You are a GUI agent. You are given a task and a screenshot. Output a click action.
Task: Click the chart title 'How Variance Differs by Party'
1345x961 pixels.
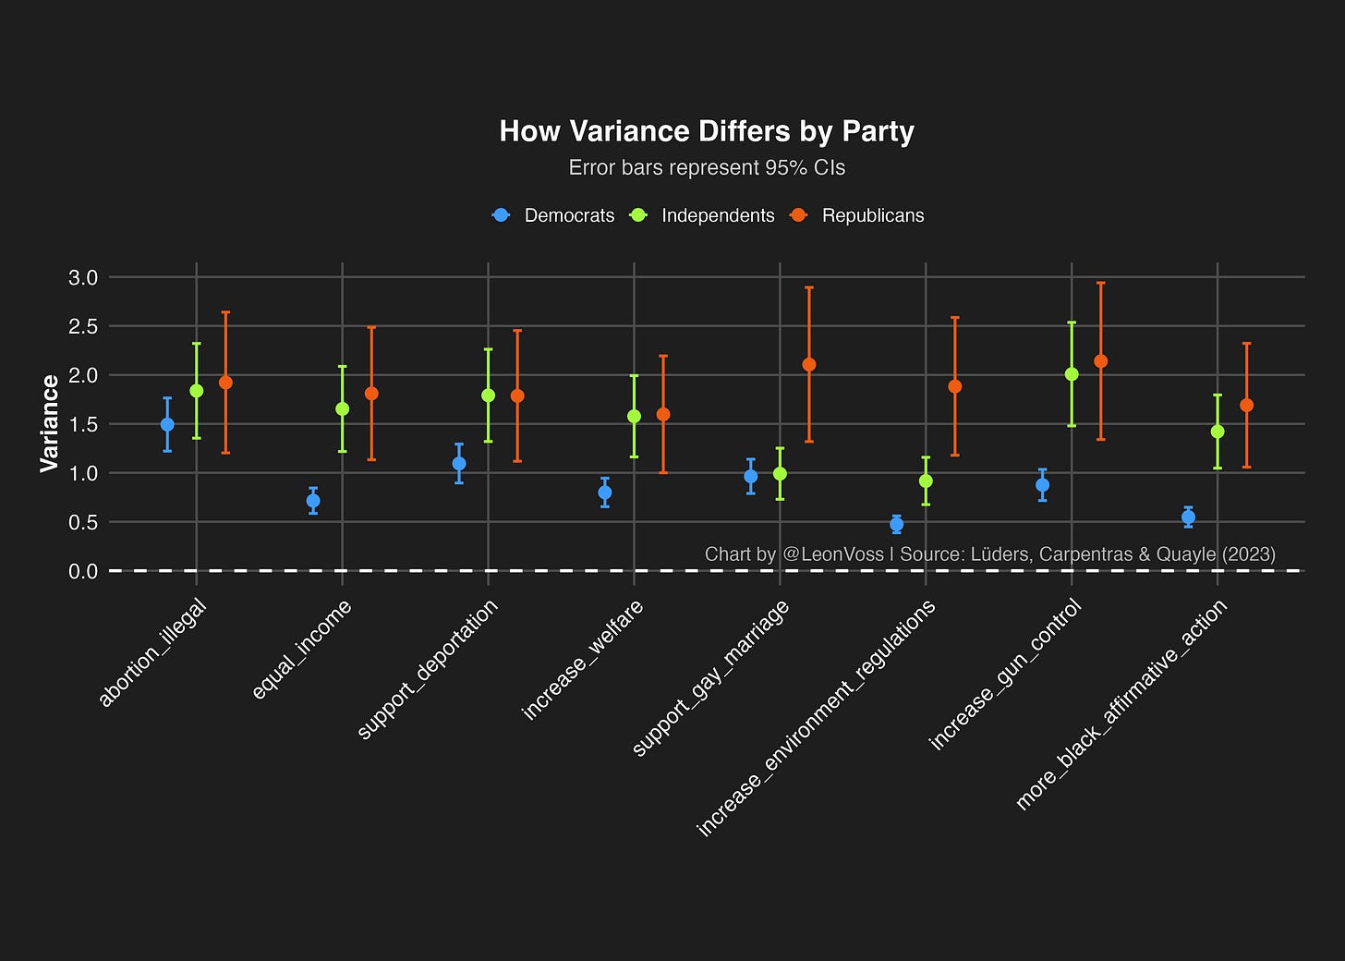click(707, 131)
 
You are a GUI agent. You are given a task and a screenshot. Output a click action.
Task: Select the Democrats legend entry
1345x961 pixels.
click(553, 215)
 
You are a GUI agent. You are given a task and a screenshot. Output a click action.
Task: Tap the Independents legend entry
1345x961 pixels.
click(701, 215)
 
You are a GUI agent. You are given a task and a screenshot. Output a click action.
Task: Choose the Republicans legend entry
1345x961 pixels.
click(857, 215)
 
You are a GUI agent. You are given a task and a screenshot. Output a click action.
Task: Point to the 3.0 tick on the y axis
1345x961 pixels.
click(83, 277)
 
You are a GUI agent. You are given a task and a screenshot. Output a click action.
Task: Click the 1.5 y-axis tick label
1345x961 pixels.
click(83, 425)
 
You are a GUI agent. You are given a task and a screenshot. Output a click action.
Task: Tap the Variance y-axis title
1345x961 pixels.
click(49, 423)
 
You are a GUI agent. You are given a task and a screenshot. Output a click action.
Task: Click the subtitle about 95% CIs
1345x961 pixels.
click(707, 167)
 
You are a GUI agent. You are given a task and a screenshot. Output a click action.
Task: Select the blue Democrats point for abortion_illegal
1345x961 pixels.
click(167, 425)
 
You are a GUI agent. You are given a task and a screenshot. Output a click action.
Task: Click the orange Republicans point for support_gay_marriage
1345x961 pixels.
click(809, 365)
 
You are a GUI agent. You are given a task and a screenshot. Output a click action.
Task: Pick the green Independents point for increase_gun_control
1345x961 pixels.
click(1072, 374)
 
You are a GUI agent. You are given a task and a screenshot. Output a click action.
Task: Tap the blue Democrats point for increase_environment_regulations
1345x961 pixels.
click(896, 524)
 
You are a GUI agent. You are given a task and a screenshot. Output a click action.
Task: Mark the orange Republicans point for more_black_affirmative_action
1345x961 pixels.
click(1246, 406)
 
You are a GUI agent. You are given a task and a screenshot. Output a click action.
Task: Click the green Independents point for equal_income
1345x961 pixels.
click(342, 409)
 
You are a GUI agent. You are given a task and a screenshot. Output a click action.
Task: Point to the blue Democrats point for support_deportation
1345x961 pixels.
click(459, 464)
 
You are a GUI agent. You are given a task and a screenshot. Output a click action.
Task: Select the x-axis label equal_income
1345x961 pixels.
click(301, 650)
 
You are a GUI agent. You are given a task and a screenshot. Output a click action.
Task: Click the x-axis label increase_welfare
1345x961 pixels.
click(582, 660)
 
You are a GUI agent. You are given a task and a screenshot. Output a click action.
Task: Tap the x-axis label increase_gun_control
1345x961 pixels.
click(1006, 675)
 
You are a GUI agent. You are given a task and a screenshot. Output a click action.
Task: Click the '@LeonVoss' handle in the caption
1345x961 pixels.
click(833, 553)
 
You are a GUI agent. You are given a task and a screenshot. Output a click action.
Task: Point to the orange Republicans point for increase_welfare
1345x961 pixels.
click(663, 414)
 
